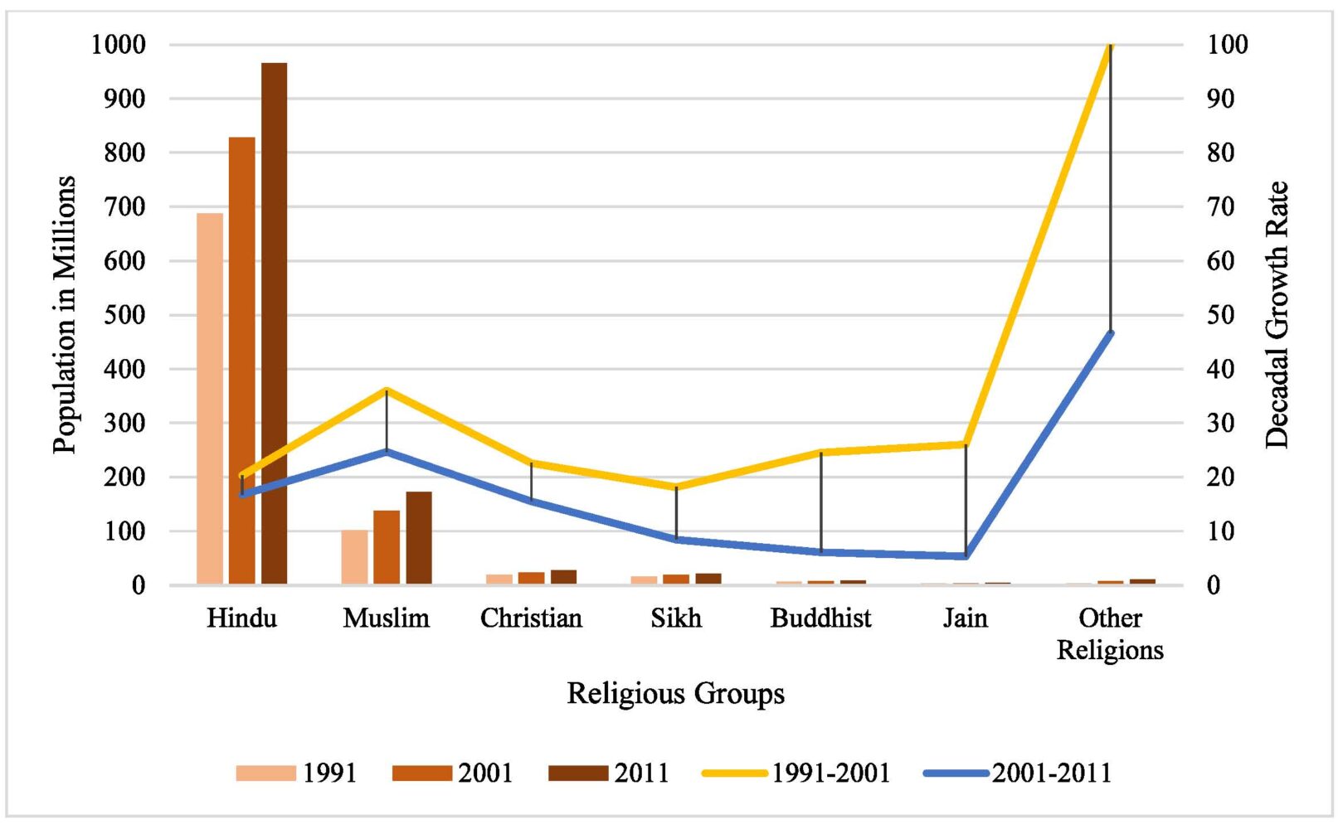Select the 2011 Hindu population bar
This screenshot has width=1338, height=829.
tap(274, 323)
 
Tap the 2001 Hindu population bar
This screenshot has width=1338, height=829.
tap(241, 361)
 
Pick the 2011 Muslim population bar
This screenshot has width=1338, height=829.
tap(419, 538)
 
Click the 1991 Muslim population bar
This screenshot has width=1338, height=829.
tap(354, 557)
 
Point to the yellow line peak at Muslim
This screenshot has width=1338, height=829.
tap(387, 390)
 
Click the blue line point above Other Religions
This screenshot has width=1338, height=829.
tap(1110, 333)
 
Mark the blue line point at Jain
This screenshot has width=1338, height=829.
tap(966, 555)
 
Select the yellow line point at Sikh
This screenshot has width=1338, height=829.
tap(676, 487)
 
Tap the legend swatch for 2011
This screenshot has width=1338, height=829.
tap(578, 773)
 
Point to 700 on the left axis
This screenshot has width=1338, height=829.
tap(124, 206)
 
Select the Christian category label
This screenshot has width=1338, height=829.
tap(531, 618)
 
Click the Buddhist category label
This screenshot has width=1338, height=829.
tap(820, 618)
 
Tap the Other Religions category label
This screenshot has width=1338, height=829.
tap(1110, 634)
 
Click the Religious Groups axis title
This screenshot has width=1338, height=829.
tap(675, 693)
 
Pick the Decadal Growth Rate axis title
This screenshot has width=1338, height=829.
tap(1277, 315)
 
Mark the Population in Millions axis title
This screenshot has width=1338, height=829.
tap(64, 315)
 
